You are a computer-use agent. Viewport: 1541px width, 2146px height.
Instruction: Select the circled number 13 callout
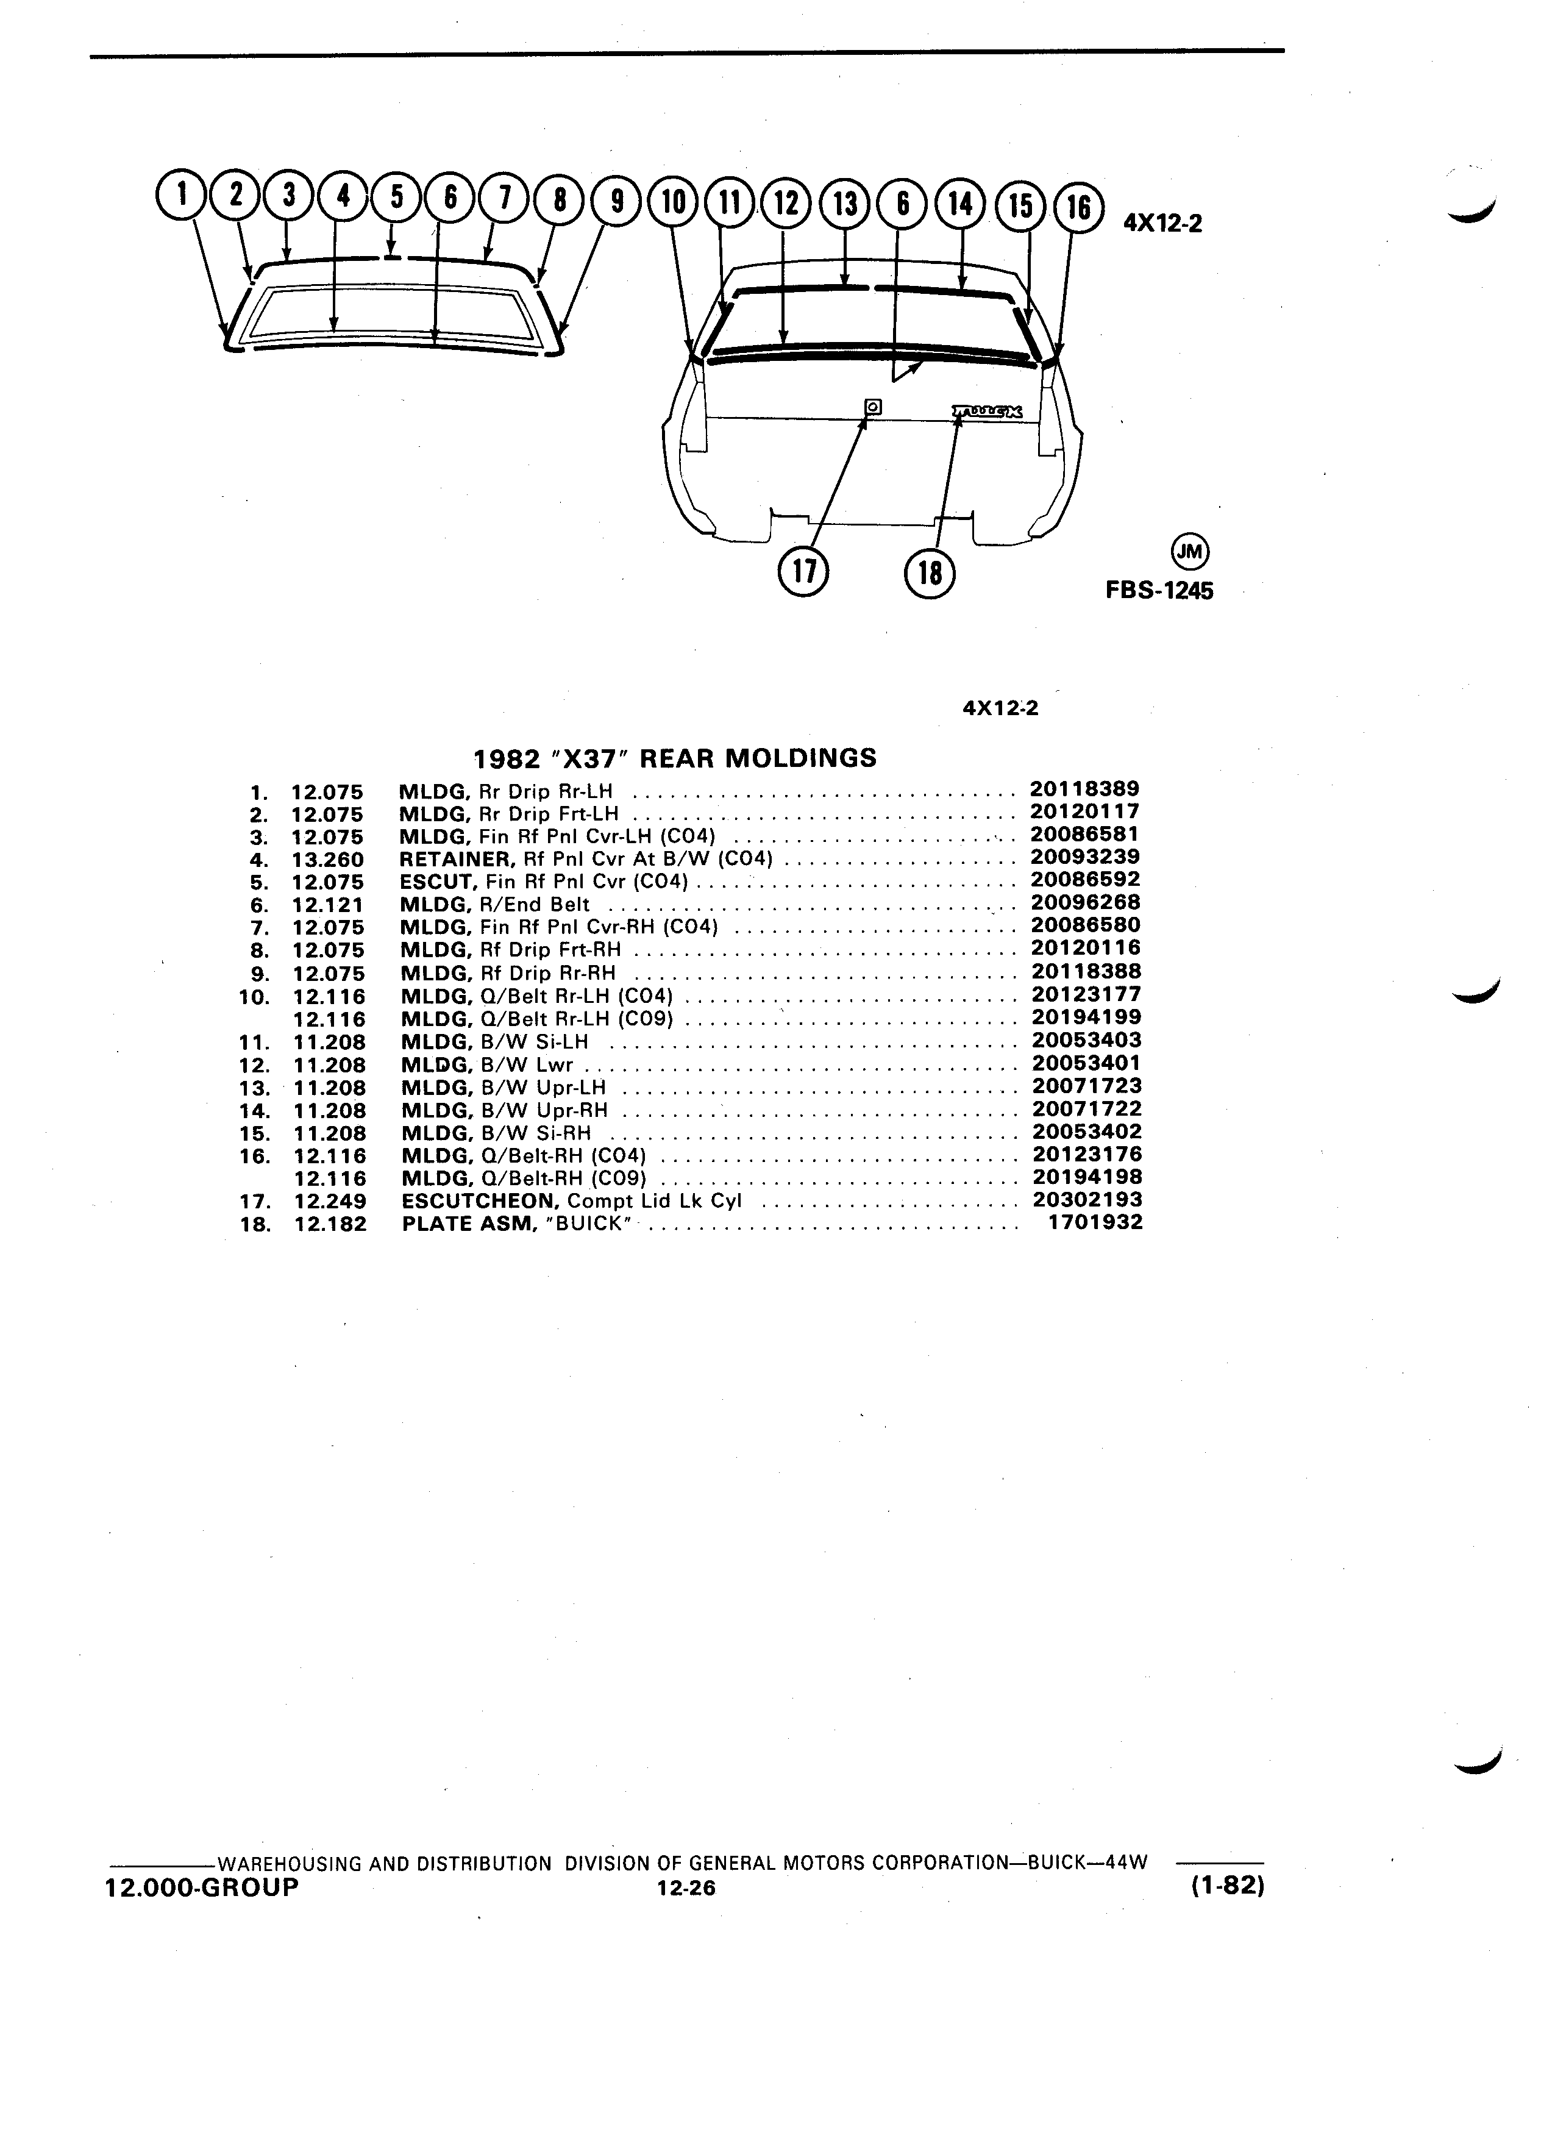tap(845, 204)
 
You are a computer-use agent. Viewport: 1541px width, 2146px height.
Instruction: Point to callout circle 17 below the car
tap(802, 571)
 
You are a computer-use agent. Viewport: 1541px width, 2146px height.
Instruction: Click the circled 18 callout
tap(930, 572)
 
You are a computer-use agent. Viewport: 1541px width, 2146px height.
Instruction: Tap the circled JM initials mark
tap(1190, 552)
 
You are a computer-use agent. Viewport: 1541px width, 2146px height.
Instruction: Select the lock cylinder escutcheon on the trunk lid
tap(873, 407)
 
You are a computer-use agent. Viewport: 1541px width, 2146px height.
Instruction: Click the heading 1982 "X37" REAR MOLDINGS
tap(674, 758)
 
